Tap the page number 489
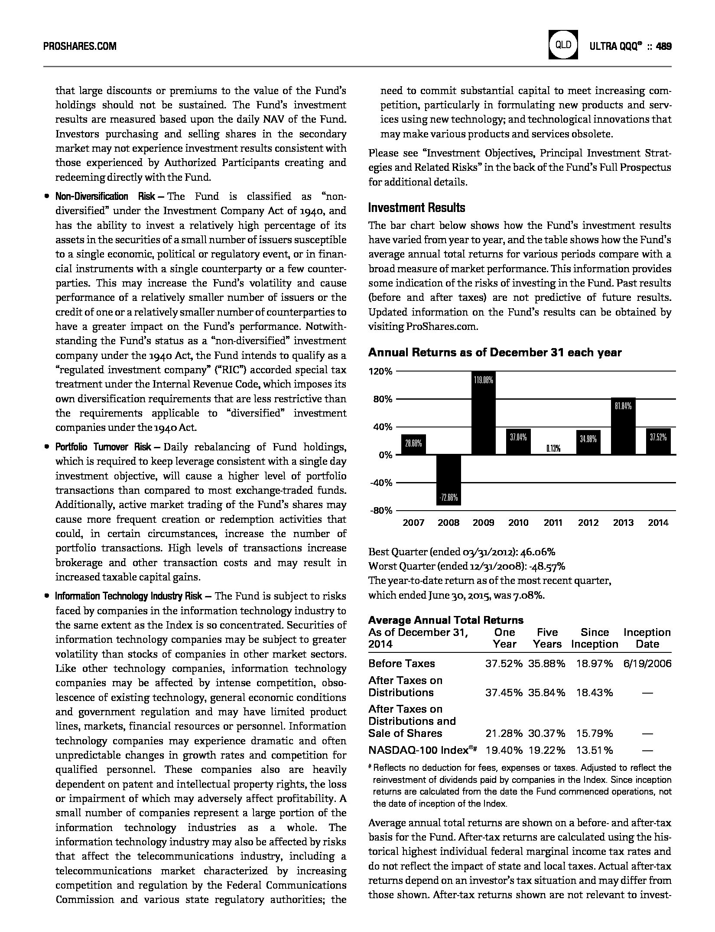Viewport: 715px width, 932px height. click(x=663, y=46)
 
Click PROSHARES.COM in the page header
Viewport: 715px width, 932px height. click(x=80, y=46)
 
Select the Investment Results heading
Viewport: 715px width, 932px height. click(x=416, y=208)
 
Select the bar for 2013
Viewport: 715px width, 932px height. click(x=623, y=426)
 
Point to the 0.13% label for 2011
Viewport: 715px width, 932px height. click(x=553, y=449)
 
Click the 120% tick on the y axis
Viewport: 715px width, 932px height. click(x=381, y=371)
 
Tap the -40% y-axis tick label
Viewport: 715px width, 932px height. click(x=381, y=483)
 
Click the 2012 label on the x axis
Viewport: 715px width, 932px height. click(x=588, y=523)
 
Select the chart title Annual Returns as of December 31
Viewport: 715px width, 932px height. click(x=494, y=353)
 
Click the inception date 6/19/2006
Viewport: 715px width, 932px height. click(x=647, y=664)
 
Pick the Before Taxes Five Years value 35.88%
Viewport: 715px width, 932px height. click(x=546, y=664)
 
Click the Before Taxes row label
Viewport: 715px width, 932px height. click(x=401, y=664)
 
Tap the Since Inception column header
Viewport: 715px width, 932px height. click(x=595, y=638)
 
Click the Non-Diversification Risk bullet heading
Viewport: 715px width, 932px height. click(x=105, y=197)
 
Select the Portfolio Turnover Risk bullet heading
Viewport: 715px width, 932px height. click(x=103, y=447)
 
